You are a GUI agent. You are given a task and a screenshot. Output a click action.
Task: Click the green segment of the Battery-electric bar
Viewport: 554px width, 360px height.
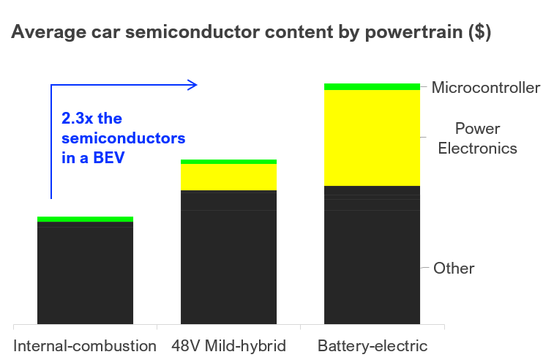pos(372,87)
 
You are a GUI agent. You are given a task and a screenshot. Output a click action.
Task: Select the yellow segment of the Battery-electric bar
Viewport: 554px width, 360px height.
pos(372,138)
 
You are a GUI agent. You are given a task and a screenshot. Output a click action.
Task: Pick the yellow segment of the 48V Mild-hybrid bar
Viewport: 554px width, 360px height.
pos(228,177)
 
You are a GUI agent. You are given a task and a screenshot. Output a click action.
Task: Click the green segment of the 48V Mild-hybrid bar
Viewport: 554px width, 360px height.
pos(228,162)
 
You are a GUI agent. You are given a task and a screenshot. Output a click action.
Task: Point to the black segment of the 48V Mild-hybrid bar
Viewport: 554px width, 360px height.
pos(228,257)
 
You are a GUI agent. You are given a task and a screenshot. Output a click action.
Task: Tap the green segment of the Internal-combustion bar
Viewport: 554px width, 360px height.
pos(85,219)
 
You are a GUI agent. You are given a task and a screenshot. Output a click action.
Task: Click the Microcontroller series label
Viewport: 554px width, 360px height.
pos(485,88)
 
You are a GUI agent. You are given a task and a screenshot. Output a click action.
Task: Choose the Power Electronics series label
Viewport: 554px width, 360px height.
pos(477,138)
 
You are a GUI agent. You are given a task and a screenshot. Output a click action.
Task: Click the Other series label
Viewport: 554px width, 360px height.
pos(454,268)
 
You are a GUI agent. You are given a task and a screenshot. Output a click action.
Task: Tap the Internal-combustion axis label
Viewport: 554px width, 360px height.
pos(85,345)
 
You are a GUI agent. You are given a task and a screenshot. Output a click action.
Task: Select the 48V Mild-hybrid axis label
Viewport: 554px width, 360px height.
pos(228,345)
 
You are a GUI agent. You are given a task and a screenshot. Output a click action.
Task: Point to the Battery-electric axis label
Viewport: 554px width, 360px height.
pos(372,345)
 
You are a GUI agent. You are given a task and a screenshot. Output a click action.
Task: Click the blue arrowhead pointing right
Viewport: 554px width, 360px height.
pos(193,85)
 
